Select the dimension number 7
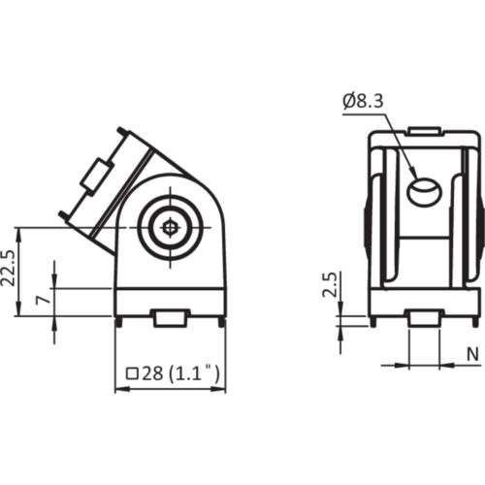(x=40, y=301)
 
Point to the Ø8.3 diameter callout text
(x=364, y=98)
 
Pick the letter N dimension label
(x=471, y=354)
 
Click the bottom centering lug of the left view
(x=171, y=316)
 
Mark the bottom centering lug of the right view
(x=422, y=317)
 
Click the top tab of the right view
(x=422, y=130)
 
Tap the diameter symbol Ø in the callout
(x=348, y=98)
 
